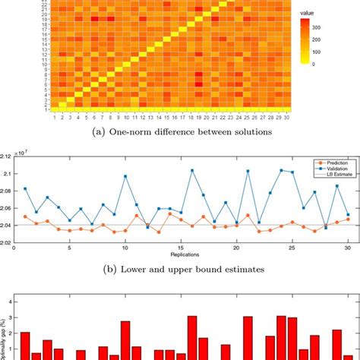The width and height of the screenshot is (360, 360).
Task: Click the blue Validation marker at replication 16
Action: pos(192,170)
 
